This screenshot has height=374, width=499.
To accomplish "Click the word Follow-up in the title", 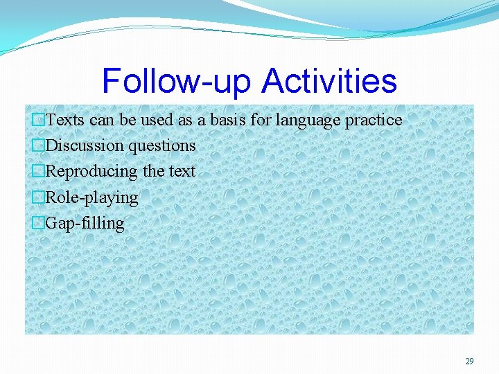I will [x=178, y=81].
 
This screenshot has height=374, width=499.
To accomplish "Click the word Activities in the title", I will [x=329, y=81].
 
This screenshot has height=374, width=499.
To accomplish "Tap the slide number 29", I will [x=469, y=362].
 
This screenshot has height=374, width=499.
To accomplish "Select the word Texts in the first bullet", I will [x=65, y=120].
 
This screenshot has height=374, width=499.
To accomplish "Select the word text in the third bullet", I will [x=182, y=171].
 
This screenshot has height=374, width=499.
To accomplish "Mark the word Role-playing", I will [x=91, y=198].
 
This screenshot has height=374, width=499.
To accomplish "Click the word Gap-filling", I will [x=85, y=224].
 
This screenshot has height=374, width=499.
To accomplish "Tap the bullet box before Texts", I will [x=39, y=120].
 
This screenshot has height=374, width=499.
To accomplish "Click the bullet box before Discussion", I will [x=39, y=145].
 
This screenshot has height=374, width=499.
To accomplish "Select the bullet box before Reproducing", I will [x=39, y=171].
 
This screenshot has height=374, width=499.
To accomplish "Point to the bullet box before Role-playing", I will [x=39, y=197].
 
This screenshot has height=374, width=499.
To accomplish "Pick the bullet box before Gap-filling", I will [x=39, y=223].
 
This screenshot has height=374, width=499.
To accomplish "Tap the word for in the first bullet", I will [x=261, y=120].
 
